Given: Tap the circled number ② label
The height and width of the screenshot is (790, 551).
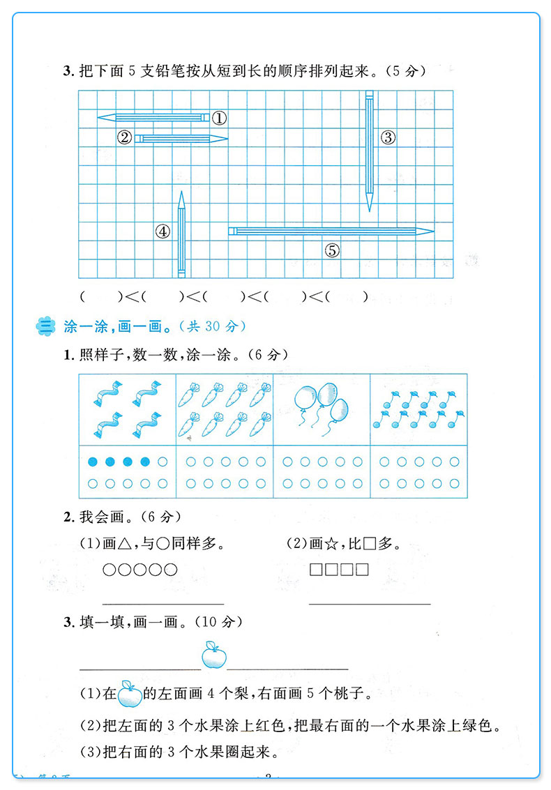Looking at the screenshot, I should pos(125,137).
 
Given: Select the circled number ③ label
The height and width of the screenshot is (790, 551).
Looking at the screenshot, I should pos(388,138).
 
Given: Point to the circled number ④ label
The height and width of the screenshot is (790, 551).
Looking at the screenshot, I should pos(163,231).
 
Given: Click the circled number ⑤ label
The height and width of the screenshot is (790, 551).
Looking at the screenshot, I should pos(332,250).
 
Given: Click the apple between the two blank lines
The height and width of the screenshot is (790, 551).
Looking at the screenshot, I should pos(214,656).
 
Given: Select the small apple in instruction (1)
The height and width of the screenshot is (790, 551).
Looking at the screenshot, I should pos(129,694).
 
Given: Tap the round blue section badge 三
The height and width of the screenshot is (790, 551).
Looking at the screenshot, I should pos(47,326).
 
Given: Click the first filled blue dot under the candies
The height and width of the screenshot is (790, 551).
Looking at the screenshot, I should pos(93,462).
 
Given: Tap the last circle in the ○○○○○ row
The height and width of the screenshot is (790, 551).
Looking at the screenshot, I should pos(170,570).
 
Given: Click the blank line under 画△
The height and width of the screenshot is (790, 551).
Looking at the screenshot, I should pos(163,603).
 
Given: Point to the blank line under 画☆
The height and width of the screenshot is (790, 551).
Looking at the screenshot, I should pos(370,603).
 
